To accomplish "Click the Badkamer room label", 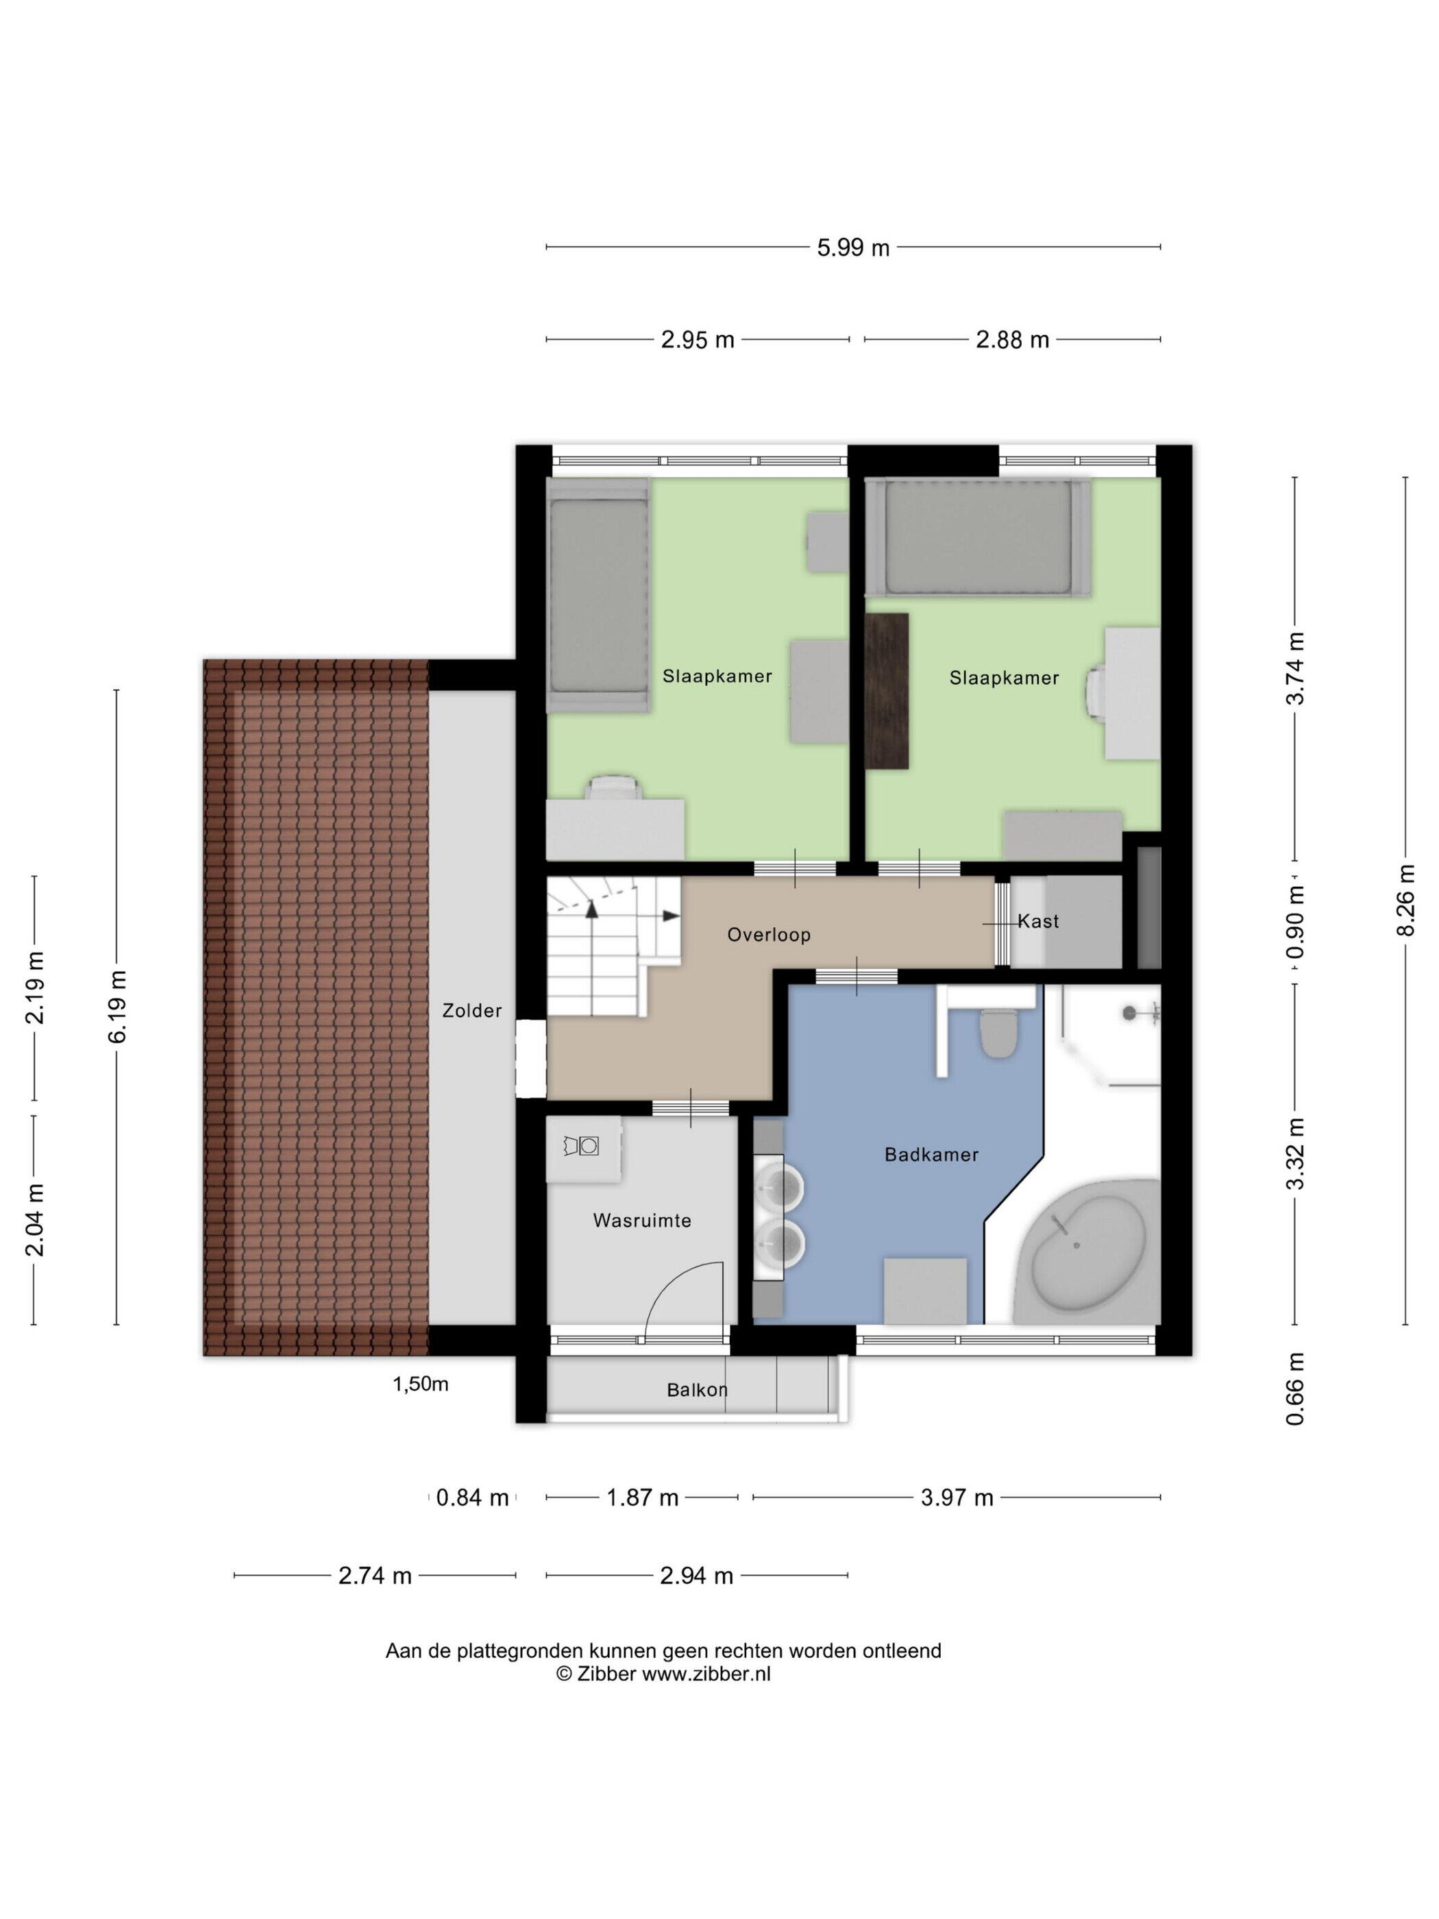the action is [931, 1155].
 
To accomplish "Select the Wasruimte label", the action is [642, 1221].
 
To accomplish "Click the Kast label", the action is [1038, 921].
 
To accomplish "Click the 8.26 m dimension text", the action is [1406, 900].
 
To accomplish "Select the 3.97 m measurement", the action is [957, 1498].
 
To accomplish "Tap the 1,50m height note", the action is [421, 1384].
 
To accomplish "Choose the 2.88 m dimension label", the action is [1012, 340].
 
